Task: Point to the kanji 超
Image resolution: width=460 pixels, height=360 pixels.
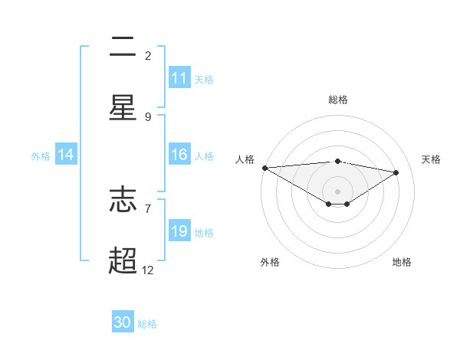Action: pos(123,260)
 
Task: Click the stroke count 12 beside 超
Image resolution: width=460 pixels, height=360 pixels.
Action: pos(148,270)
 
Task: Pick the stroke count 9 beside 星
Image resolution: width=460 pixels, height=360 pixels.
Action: pos(148,116)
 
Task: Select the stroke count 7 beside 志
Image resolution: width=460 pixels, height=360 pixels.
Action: pos(148,208)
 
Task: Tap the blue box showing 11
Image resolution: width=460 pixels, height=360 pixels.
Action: pos(179,78)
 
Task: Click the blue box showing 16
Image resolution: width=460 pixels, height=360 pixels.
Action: pos(179,155)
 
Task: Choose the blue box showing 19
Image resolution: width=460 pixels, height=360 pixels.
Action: pos(179,231)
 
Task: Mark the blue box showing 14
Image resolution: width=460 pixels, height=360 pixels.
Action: pos(66,155)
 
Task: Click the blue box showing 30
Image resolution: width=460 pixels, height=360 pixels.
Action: pos(123,322)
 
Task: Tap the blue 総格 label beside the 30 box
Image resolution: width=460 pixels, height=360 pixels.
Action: pos(147,324)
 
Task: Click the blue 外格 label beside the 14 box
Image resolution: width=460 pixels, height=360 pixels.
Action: pos(41,156)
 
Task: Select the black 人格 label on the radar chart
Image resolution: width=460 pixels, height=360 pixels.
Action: pos(244,159)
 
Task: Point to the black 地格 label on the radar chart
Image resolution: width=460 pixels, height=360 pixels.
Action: pos(402,262)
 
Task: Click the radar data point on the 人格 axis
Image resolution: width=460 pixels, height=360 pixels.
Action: pos(264,168)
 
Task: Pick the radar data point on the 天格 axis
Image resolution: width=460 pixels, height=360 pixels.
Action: pos(396,172)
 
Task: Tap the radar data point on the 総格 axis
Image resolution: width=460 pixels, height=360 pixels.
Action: pos(337,161)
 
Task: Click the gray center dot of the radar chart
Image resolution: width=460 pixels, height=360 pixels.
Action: pos(337,191)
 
